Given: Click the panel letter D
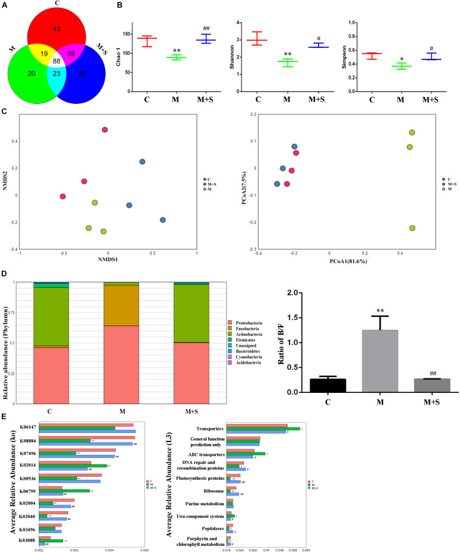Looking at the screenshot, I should click(4, 283).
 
